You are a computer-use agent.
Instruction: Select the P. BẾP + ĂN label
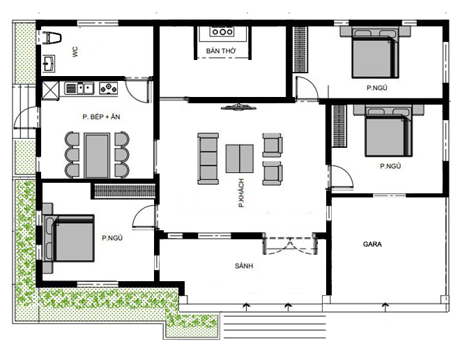coord(102,117)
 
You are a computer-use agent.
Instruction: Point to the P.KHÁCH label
coord(240,193)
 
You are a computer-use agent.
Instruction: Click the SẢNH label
coord(243,267)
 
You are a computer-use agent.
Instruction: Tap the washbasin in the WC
coord(50,64)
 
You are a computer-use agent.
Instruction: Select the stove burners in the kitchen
coord(108,89)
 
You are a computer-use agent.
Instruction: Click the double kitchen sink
coord(82,89)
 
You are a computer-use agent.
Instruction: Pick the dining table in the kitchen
coord(96,156)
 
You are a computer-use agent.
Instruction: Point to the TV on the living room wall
coord(237,107)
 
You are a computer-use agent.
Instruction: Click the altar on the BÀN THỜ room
coord(222,32)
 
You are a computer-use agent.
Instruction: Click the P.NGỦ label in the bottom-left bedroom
coord(112,238)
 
